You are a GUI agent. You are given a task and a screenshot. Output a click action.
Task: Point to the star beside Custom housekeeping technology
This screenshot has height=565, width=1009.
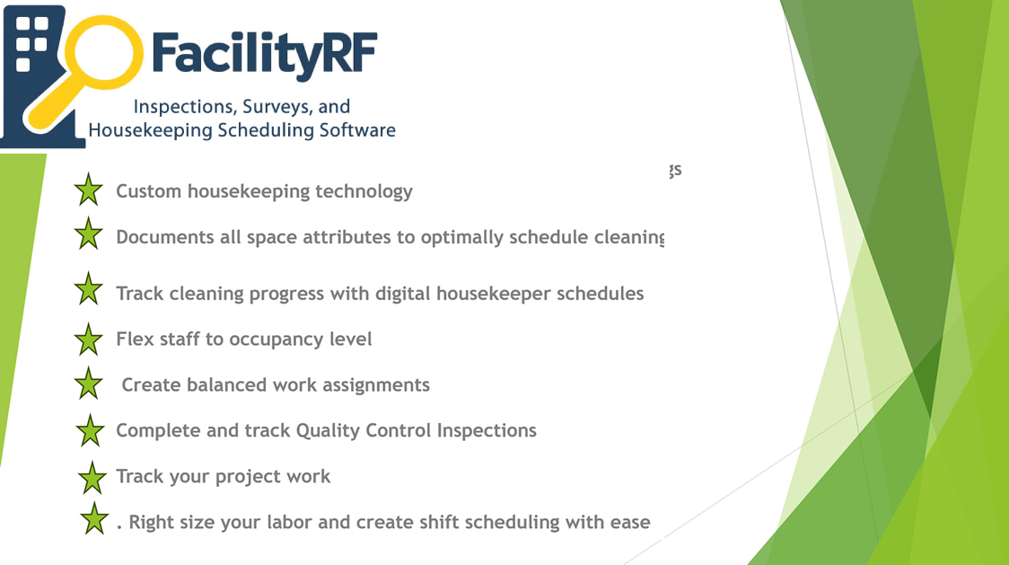(x=88, y=190)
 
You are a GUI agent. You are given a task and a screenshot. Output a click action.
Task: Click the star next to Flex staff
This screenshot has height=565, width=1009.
(x=88, y=340)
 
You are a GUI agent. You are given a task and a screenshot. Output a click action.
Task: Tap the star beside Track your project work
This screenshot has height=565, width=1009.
(x=92, y=477)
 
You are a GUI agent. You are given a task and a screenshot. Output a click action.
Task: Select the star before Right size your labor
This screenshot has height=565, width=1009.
(x=93, y=519)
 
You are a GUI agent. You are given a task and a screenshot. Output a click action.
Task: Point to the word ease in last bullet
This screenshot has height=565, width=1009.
(x=629, y=522)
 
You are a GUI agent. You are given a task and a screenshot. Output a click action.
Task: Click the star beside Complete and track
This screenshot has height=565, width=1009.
(x=90, y=431)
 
